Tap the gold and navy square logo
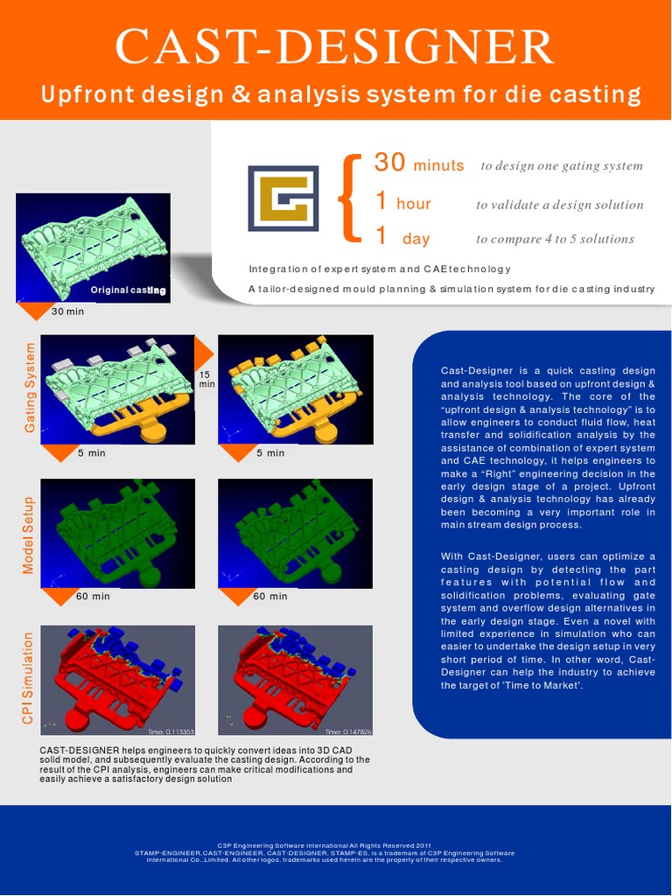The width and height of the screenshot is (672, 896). (x=283, y=198)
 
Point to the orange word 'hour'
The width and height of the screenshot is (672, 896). (x=413, y=204)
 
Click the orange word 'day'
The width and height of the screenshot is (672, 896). (x=416, y=239)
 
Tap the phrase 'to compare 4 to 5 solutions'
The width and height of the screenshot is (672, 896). (x=555, y=239)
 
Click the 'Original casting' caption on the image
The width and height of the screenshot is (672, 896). (x=128, y=290)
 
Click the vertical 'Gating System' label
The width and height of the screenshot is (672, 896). (x=30, y=387)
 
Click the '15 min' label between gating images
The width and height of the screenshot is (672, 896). (x=206, y=379)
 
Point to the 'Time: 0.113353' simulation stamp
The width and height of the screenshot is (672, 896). (x=171, y=731)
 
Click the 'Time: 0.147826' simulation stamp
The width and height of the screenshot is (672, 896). (x=348, y=731)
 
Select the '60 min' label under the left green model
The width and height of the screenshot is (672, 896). (x=94, y=596)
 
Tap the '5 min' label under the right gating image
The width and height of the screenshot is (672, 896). (x=270, y=452)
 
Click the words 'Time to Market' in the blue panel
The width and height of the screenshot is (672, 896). (x=543, y=685)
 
